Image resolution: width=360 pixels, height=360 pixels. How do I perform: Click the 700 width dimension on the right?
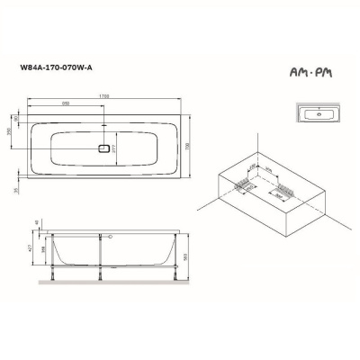click(x=194, y=147)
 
